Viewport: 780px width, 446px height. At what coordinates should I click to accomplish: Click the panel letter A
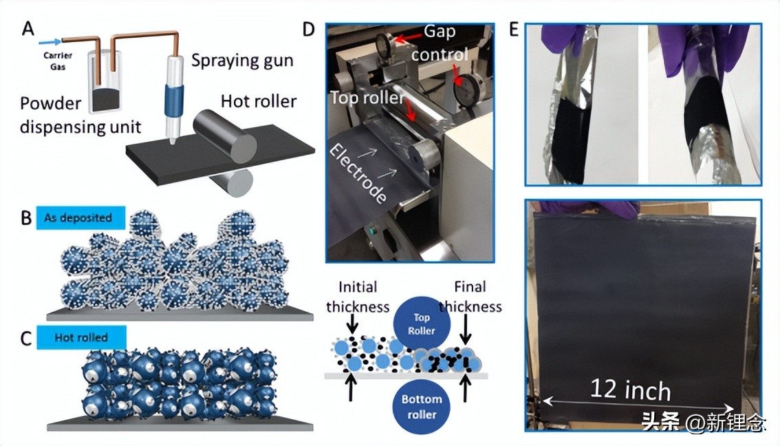28,28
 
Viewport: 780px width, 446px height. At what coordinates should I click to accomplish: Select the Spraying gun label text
241,60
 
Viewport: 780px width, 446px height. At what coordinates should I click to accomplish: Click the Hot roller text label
258,101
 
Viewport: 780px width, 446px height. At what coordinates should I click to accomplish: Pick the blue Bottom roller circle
421,406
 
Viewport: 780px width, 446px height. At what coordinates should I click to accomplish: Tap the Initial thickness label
358,296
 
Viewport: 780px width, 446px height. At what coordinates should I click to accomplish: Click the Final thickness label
470,296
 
